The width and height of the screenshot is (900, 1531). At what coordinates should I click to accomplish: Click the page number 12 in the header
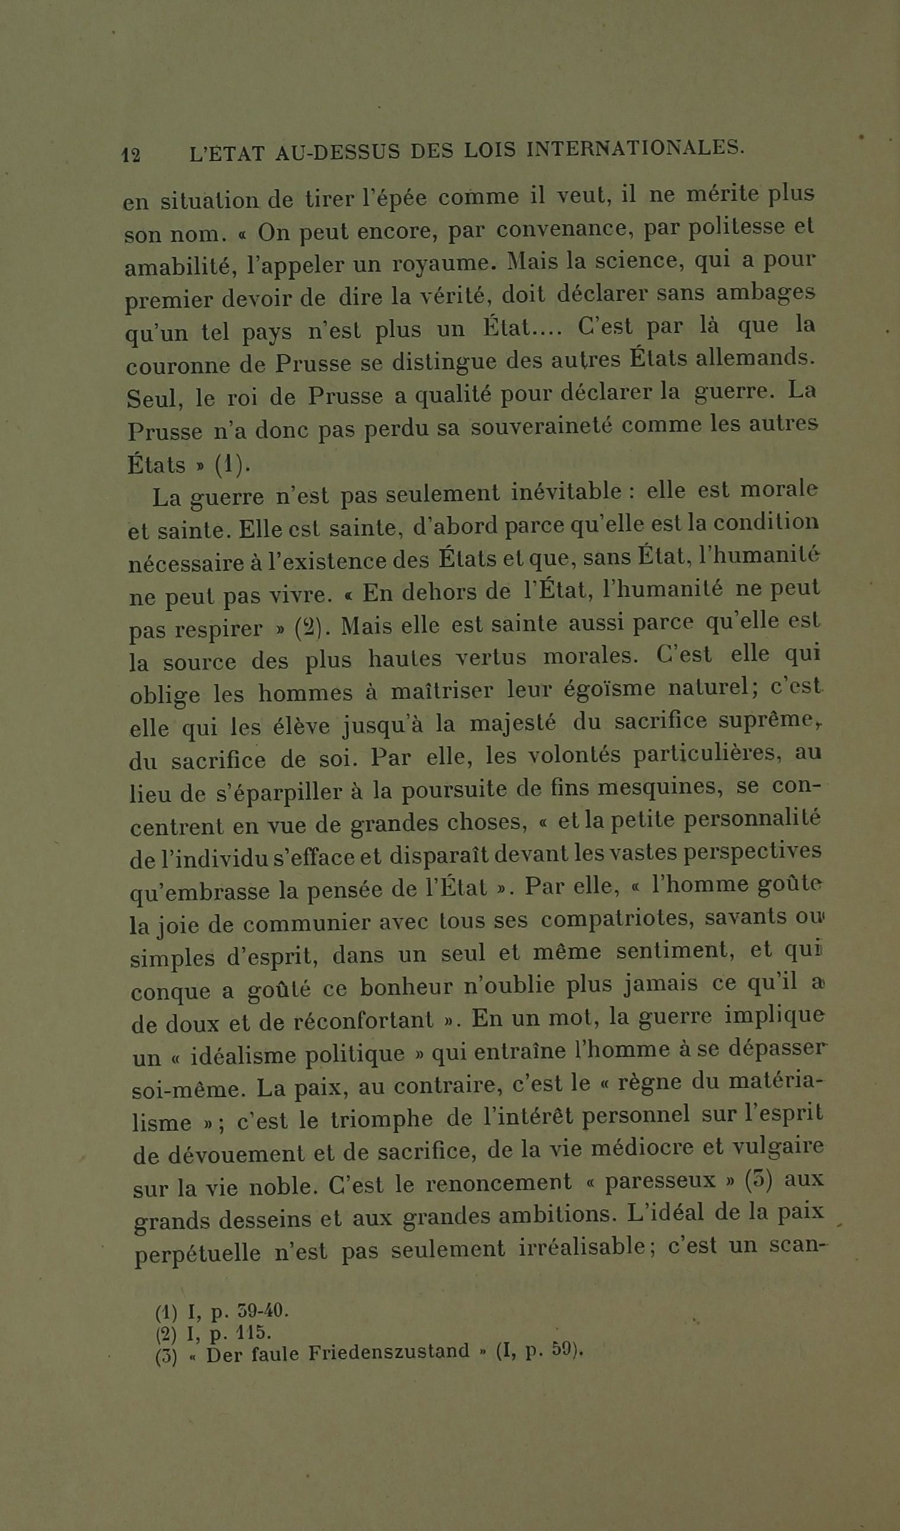[x=131, y=155]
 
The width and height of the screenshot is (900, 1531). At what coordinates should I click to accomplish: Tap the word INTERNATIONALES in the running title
[x=634, y=148]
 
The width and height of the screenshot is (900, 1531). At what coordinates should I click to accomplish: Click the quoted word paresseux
[x=660, y=1182]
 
